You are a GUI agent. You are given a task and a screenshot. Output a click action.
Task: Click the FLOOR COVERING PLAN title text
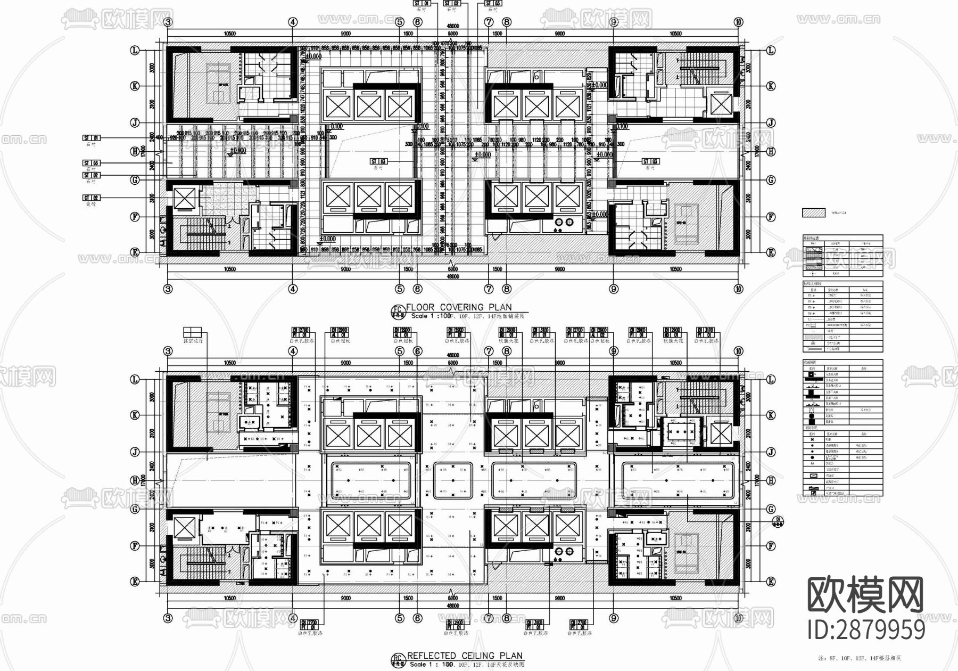tap(458, 307)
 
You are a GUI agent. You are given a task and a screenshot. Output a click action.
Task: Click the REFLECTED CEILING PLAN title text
tap(464, 656)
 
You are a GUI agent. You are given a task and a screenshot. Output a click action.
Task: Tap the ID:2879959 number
tap(866, 629)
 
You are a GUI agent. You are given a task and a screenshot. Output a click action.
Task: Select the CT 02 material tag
tap(92, 198)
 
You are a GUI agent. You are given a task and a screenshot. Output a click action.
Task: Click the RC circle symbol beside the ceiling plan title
tap(397, 659)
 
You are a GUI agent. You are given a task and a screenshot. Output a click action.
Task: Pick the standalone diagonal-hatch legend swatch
tap(814, 213)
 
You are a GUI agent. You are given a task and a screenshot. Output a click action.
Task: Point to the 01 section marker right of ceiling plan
tap(778, 520)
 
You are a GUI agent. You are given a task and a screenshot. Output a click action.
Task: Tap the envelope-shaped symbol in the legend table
tap(812, 476)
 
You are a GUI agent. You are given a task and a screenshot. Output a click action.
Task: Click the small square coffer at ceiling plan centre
tap(453, 481)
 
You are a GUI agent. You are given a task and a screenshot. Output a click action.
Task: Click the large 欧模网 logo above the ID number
tap(866, 595)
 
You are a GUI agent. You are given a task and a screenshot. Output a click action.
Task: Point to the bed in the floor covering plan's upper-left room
tap(218, 83)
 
